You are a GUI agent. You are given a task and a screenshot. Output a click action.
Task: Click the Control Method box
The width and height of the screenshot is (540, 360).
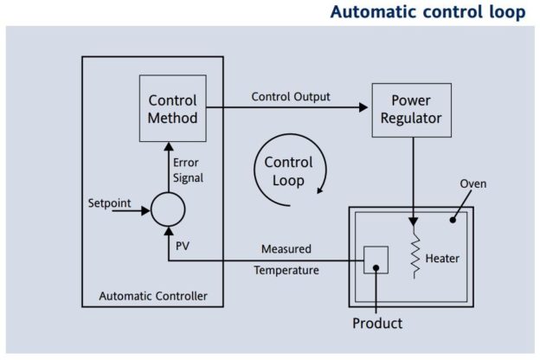pos(172,108)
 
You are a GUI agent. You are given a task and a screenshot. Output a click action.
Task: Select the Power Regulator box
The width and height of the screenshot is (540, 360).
pos(412,110)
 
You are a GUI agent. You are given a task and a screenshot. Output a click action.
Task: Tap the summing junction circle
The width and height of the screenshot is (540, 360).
pos(168,209)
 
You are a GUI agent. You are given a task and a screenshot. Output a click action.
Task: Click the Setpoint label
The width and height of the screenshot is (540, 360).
pos(110,202)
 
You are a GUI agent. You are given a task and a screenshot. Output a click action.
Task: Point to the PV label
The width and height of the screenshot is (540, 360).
pos(183,246)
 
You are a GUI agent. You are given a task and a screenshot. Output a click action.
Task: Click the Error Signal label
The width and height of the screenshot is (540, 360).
pos(188,170)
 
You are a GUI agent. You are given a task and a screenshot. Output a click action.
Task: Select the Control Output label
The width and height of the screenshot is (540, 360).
pos(291,97)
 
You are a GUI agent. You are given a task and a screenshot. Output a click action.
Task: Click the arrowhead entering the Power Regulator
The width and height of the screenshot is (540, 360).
pos(363,107)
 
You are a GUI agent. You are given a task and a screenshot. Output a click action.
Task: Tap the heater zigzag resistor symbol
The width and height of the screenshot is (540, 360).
pos(415,252)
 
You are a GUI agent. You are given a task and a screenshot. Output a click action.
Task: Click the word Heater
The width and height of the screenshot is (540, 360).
pos(442,259)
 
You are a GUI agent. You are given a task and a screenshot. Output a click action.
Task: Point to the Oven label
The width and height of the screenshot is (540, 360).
pos(473,184)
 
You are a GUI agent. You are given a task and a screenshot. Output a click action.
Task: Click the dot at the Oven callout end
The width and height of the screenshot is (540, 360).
pos(453,220)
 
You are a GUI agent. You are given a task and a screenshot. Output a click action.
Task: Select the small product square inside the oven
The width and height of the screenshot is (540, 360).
pos(376,260)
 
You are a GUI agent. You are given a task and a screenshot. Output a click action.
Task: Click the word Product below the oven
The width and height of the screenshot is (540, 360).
pos(377,323)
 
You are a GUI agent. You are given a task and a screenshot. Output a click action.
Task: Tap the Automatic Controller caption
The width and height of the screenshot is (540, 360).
pos(153,296)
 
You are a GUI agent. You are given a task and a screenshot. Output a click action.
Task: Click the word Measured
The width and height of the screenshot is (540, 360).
pos(286,248)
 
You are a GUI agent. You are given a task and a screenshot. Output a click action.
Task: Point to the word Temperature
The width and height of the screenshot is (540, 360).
pos(286,270)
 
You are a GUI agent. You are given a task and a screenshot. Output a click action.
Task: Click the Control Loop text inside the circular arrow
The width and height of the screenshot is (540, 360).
pos(288,171)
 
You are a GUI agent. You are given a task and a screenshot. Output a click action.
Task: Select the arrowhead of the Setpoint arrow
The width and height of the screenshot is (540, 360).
pos(146,210)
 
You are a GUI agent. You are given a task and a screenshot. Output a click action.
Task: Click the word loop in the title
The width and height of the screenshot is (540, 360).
pos(507,12)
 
